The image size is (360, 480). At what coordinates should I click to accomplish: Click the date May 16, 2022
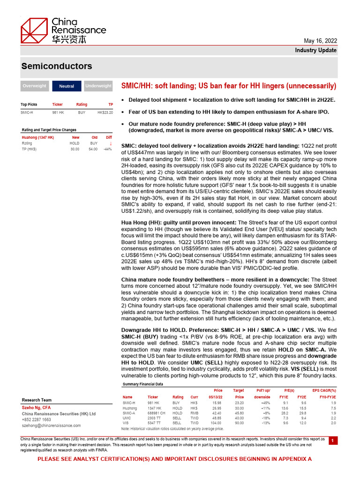(321, 41)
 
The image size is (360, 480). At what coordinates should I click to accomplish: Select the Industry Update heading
(315, 50)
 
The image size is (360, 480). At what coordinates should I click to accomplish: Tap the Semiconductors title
(56, 67)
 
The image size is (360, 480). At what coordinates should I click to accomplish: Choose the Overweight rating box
(34, 86)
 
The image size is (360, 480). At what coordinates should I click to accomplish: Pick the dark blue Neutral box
(67, 86)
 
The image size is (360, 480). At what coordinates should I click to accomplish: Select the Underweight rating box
(98, 86)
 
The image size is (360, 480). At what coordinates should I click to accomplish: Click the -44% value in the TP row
(107, 149)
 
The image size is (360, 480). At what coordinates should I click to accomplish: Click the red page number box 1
(332, 441)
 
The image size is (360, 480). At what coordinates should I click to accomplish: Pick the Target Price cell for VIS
(239, 423)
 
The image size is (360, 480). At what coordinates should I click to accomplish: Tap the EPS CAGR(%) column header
(324, 390)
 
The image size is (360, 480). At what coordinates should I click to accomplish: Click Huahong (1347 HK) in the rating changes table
(38, 137)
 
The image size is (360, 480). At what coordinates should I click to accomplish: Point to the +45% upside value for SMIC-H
(265, 403)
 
